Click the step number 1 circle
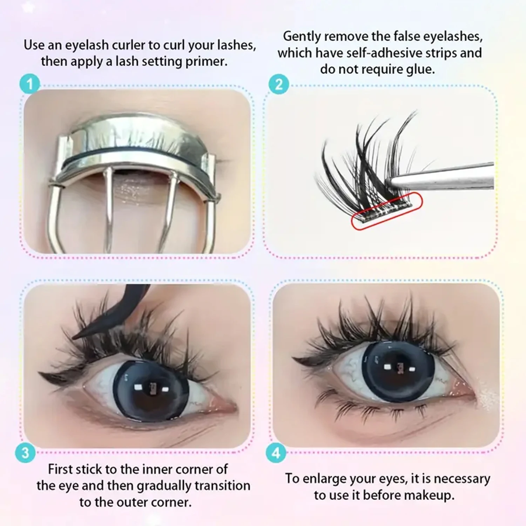(x=30, y=85)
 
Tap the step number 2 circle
(x=279, y=85)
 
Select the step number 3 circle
(x=25, y=453)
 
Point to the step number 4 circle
(x=276, y=453)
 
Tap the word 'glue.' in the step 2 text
(x=420, y=69)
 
